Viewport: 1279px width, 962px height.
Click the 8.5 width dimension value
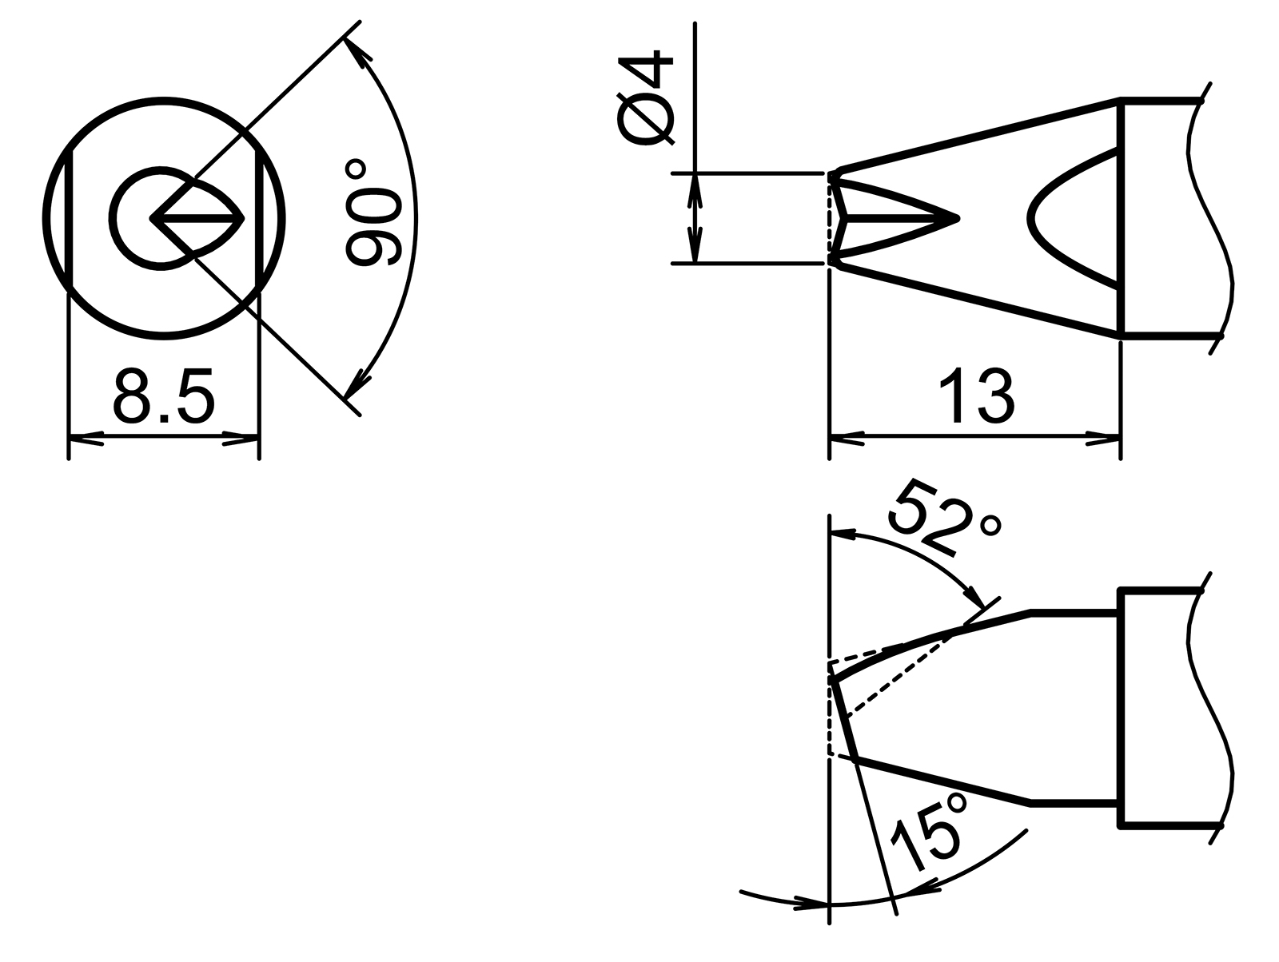[x=164, y=397]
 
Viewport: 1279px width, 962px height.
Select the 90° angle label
[x=372, y=213]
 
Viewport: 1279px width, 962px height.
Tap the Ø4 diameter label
[x=647, y=98]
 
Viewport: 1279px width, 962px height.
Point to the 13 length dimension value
[x=976, y=397]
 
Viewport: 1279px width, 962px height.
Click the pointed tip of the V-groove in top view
[x=956, y=217]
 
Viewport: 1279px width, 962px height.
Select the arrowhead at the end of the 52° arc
[x=977, y=599]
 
